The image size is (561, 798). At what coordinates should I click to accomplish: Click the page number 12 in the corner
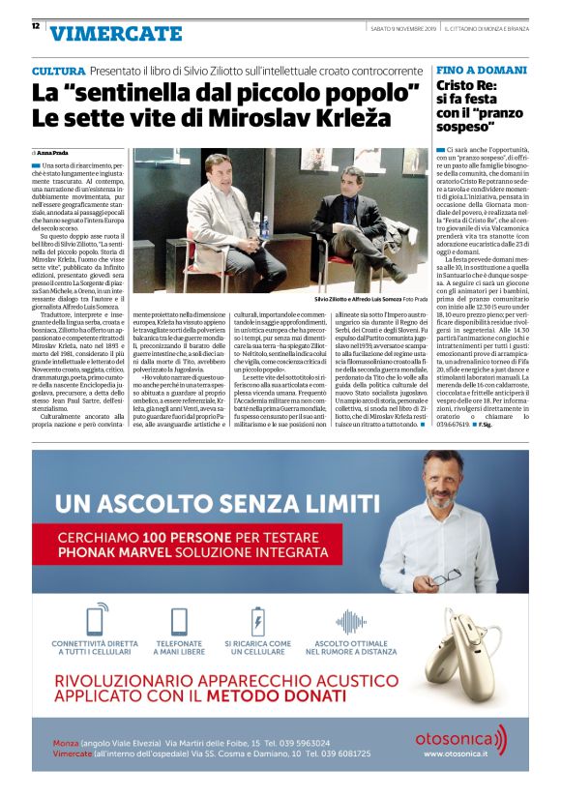[35, 25]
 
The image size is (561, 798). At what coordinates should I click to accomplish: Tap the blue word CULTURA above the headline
[58, 73]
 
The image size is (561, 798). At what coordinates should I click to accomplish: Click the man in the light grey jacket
[224, 208]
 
